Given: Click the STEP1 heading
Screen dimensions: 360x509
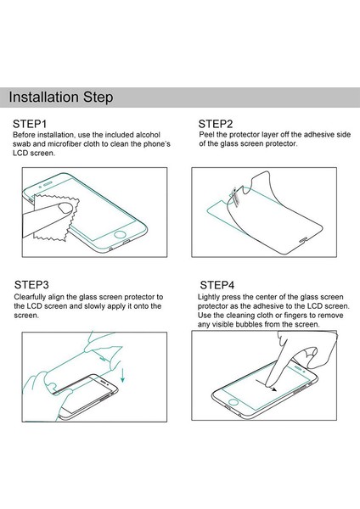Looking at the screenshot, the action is click(30, 124).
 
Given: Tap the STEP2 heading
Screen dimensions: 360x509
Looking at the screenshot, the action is click(216, 124).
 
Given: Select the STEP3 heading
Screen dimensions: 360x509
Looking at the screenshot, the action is click(31, 285).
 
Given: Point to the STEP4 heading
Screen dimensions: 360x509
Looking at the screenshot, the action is click(217, 285).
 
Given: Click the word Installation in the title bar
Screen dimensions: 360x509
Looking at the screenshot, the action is click(44, 97).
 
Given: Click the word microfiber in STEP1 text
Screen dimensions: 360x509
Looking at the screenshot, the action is click(65, 144).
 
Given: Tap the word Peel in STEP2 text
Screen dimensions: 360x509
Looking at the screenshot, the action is click(206, 134).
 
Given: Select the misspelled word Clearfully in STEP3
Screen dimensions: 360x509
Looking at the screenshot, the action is click(30, 297).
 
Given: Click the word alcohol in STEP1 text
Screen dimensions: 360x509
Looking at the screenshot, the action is click(148, 135).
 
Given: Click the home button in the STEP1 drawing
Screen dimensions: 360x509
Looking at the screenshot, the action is click(120, 234).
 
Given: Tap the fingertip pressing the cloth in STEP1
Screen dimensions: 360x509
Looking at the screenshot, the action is click(65, 208).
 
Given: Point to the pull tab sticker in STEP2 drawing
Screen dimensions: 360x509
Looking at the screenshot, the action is click(235, 196).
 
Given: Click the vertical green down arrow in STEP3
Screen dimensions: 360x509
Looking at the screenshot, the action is click(123, 375).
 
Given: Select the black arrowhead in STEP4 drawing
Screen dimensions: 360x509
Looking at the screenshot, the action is click(274, 389).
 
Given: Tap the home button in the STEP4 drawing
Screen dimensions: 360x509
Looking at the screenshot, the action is click(233, 402).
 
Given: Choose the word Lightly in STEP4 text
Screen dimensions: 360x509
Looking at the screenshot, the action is click(209, 297).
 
